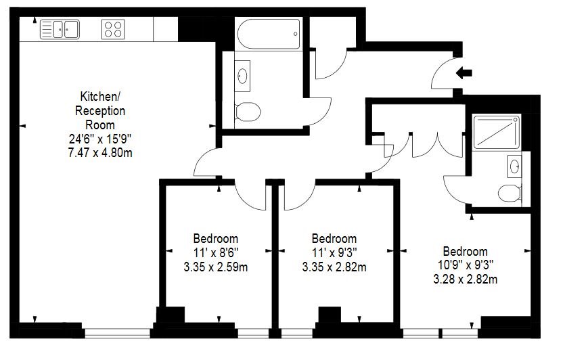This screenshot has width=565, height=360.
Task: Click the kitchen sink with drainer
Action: (60, 29)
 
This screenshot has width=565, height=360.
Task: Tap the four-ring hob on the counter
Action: (113, 29)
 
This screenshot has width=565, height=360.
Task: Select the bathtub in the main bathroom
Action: (269, 34)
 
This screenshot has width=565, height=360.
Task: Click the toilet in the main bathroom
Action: (248, 112)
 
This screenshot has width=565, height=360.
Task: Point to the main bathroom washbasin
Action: (242, 76)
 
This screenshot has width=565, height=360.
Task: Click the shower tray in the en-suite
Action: (497, 132)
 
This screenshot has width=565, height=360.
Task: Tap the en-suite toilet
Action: (509, 194)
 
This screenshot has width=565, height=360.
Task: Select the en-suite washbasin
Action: (514, 166)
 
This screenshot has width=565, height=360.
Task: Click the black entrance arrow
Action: (464, 73)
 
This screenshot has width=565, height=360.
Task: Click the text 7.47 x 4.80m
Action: (100, 153)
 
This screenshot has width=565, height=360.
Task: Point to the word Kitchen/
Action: (100, 96)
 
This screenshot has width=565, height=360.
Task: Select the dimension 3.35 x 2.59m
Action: (215, 267)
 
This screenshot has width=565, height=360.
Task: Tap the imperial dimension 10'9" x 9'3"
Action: (465, 265)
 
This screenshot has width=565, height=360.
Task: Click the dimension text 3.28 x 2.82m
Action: (465, 279)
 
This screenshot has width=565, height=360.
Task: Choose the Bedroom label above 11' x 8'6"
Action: (215, 239)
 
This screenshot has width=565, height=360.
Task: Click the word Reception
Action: (100, 110)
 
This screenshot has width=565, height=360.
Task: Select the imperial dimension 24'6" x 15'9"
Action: (100, 139)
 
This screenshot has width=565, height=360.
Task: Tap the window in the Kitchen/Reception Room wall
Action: (117, 334)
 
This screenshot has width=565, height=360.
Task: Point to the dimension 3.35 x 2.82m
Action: (334, 267)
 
